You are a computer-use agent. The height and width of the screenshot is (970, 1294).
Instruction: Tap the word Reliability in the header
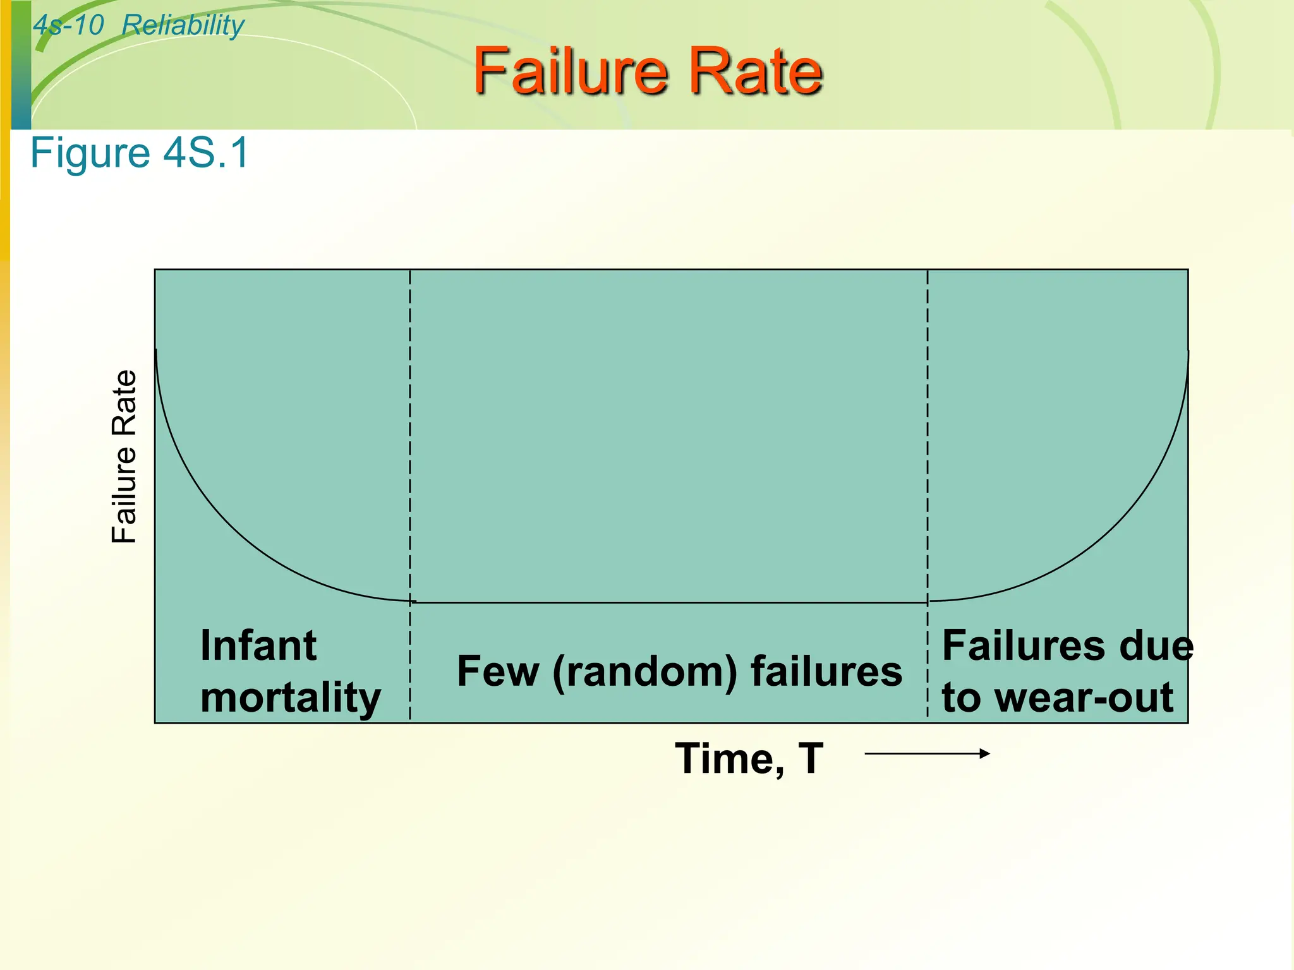pos(183,26)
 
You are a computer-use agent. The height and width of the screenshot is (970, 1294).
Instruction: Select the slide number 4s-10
pos(68,26)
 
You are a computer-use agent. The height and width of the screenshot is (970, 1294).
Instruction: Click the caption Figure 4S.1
pos(140,153)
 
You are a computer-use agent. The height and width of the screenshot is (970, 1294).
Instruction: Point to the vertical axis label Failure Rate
pos(124,456)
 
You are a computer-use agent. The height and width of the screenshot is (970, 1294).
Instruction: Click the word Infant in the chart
pos(258,645)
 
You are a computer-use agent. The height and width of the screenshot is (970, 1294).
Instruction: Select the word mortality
pos(291,698)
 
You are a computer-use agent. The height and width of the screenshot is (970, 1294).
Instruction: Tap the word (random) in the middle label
pos(644,671)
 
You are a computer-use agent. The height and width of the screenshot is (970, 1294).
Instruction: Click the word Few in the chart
pos(498,671)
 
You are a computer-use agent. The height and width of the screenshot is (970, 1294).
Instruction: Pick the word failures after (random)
pos(826,671)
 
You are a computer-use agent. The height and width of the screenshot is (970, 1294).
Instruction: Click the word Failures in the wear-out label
pos(1024,645)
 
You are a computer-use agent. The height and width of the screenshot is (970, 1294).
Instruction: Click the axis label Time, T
pos(749,758)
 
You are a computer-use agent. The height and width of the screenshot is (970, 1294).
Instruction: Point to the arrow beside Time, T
pos(926,753)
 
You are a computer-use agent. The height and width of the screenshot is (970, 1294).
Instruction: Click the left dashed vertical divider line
pos(410,442)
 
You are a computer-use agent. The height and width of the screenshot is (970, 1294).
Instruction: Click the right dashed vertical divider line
pos(928,442)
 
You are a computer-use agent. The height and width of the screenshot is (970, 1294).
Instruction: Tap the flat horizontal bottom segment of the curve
pos(670,602)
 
